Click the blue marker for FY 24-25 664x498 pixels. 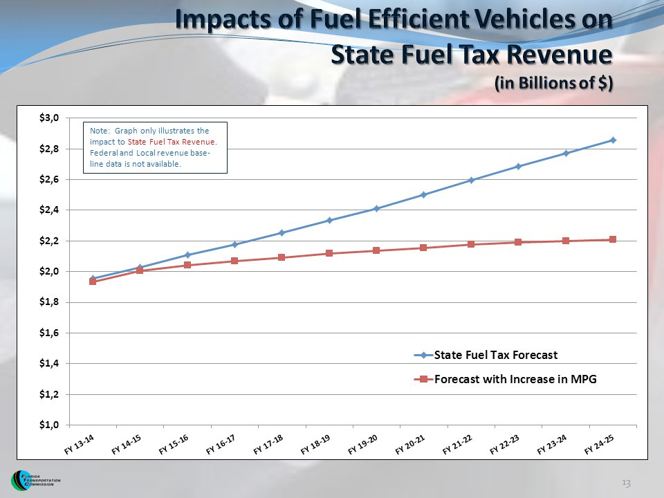[613, 140]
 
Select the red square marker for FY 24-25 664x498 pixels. [613, 239]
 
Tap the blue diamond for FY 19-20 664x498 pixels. [376, 208]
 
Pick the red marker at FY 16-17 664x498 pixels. [234, 261]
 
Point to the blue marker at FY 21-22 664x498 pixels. [471, 180]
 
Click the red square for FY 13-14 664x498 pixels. [93, 282]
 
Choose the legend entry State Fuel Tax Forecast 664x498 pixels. [495, 355]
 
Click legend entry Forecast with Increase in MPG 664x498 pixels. [515, 379]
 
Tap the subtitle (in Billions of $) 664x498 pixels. [554, 82]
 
